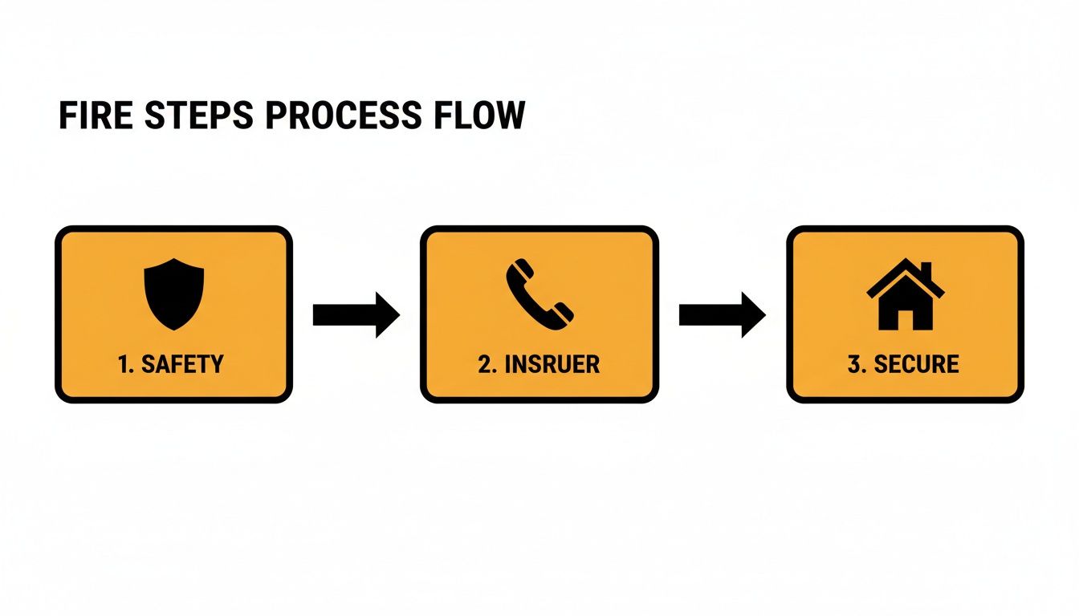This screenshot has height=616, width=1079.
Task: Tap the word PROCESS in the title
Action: pyautogui.click(x=342, y=116)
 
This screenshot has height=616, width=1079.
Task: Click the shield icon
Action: pyautogui.click(x=173, y=293)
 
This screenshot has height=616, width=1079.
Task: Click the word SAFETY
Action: pyautogui.click(x=182, y=364)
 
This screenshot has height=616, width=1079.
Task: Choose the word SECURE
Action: pyautogui.click(x=916, y=364)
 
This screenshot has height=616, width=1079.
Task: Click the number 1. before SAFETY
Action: pyautogui.click(x=125, y=364)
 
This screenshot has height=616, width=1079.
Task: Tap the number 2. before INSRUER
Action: pyautogui.click(x=488, y=364)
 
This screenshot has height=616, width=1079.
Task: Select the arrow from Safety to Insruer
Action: pyautogui.click(x=356, y=314)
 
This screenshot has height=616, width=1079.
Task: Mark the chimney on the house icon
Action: pyautogui.click(x=926, y=269)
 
